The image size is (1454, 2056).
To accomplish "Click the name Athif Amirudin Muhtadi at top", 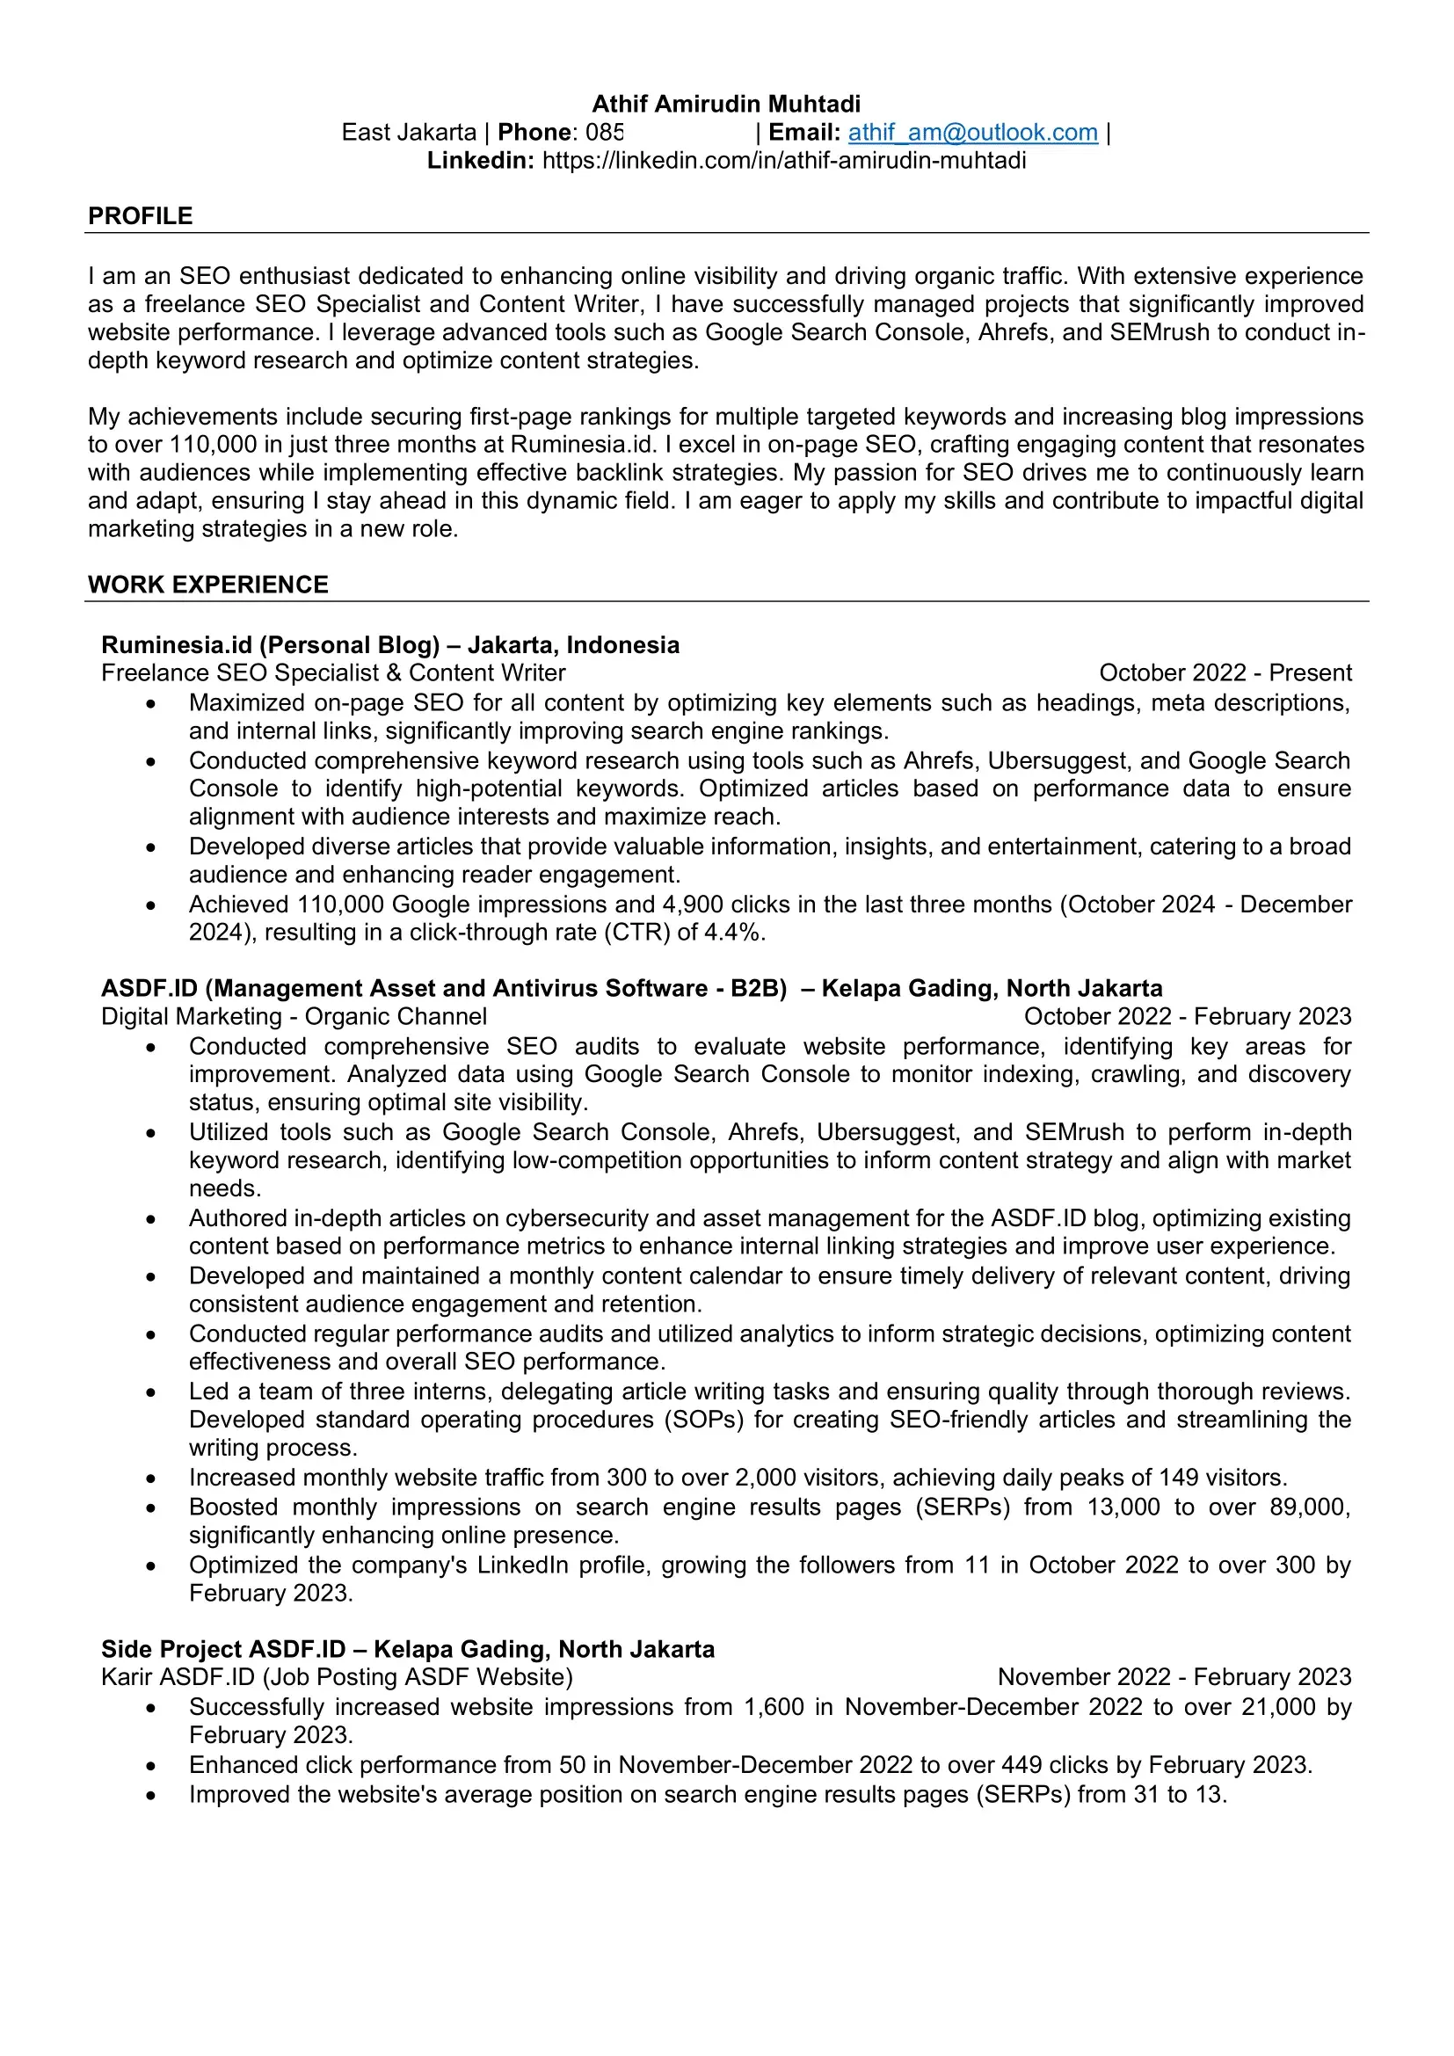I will pyautogui.click(x=726, y=104).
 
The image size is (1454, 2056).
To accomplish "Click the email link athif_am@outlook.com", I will pyautogui.click(x=972, y=133).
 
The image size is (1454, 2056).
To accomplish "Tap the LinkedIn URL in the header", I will pyautogui.click(x=783, y=160).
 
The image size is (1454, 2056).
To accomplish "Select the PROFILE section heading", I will pyautogui.click(x=140, y=216).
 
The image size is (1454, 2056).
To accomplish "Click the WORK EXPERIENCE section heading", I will pyautogui.click(x=207, y=585).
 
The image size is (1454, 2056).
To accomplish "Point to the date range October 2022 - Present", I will pyautogui.click(x=1225, y=672).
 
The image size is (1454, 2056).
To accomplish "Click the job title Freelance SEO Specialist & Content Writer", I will pyautogui.click(x=333, y=672).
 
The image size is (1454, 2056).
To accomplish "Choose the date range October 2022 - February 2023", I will pyautogui.click(x=1187, y=1016).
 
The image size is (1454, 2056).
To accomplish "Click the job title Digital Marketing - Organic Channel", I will pyautogui.click(x=294, y=1016).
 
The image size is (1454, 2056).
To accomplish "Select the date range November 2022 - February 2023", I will pyautogui.click(x=1174, y=1676).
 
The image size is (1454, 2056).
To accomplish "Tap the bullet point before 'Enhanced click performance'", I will pyautogui.click(x=151, y=1767).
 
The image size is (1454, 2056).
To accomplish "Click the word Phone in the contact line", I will pyautogui.click(x=534, y=133).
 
